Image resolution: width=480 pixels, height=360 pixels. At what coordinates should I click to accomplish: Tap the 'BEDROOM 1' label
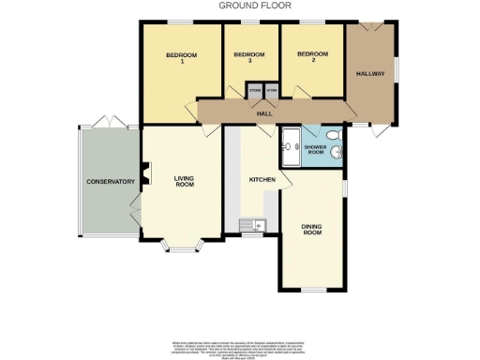coord(181,59)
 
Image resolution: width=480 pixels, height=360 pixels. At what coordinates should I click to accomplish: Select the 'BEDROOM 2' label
coord(311,54)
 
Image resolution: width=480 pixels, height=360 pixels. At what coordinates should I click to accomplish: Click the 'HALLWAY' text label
coord(370,73)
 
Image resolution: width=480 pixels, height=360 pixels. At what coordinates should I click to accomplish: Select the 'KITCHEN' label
coord(260,179)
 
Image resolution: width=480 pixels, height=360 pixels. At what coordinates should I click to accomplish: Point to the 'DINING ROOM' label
coord(312,231)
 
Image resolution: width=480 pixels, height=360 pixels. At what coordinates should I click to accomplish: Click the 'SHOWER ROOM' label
coord(323,146)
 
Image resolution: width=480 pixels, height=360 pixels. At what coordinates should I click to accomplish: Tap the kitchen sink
coord(254,224)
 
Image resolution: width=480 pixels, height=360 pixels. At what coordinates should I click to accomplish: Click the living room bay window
coord(180,247)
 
